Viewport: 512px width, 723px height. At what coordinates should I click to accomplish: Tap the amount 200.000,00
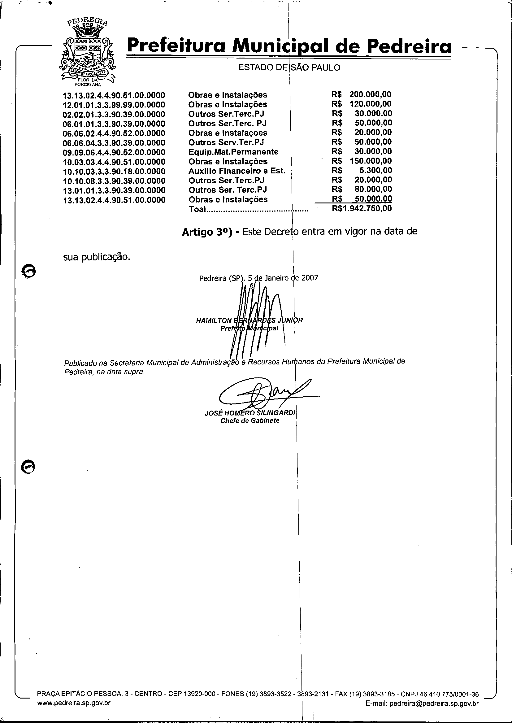point(370,94)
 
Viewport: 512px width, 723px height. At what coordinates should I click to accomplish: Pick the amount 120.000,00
point(370,104)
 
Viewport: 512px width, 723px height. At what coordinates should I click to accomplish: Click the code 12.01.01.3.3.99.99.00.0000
point(114,105)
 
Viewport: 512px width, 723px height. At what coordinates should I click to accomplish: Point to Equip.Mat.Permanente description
point(233,152)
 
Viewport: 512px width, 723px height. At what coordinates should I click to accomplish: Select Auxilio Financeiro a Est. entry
point(237,171)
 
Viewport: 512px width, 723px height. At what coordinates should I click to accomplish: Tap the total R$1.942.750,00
point(362,208)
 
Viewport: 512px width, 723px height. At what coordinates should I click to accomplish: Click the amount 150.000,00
point(371,161)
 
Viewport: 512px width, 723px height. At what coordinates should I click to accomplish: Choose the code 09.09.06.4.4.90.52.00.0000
point(114,152)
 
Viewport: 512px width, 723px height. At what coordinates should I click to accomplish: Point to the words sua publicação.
point(97,257)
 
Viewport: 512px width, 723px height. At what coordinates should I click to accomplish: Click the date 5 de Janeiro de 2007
point(283,278)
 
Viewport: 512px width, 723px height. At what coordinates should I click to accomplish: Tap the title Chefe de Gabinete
point(250,421)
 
